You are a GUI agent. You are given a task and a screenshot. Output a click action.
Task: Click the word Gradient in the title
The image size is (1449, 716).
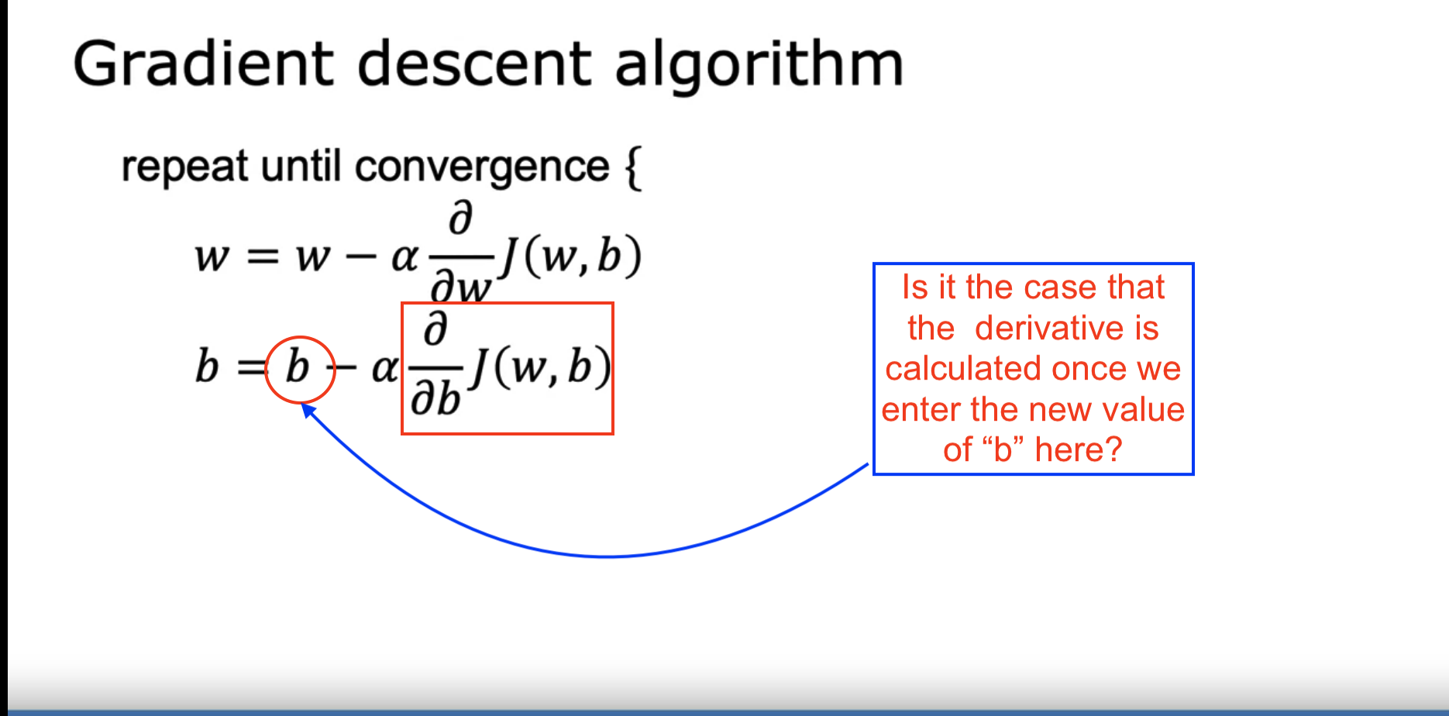coord(203,65)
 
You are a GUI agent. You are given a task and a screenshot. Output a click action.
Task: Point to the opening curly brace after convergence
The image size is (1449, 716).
coord(632,168)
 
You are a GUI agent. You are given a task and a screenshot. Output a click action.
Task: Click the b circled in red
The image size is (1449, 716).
coord(298,367)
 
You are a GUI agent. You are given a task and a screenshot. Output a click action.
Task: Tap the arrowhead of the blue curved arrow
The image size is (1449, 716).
coord(308,410)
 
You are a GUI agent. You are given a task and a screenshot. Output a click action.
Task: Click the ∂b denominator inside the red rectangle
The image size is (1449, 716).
coord(435,400)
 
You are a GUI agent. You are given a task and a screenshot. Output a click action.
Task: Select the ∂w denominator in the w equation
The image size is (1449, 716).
coord(461,288)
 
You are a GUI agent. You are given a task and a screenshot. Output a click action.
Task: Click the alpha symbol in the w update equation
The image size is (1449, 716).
coord(404,257)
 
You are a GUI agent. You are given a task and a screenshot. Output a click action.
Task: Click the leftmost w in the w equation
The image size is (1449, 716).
coord(212,257)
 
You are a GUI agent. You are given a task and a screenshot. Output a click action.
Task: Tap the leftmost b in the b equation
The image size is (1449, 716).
coord(207,367)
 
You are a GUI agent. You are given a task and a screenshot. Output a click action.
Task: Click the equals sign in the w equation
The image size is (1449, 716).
coord(262,257)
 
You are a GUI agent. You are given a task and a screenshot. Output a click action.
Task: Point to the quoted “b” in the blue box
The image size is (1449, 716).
coord(1003,449)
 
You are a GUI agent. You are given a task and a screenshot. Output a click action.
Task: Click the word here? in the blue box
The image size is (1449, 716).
coord(1079,449)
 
